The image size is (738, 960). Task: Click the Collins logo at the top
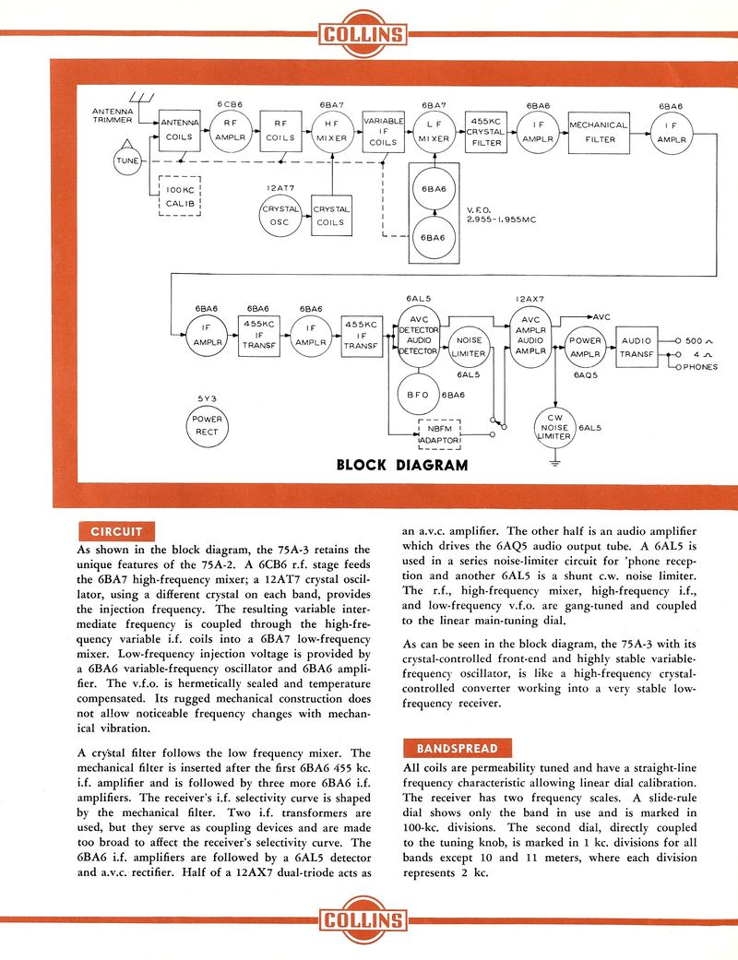(363, 34)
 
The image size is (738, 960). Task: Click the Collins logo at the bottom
(363, 919)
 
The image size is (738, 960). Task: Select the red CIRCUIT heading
(116, 531)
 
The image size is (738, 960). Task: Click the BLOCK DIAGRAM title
(402, 465)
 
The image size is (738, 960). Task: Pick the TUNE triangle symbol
(126, 160)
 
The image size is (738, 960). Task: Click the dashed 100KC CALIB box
(180, 196)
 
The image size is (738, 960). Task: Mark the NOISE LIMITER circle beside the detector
(469, 347)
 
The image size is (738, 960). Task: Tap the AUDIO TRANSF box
(637, 347)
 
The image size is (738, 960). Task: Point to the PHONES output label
(702, 367)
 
